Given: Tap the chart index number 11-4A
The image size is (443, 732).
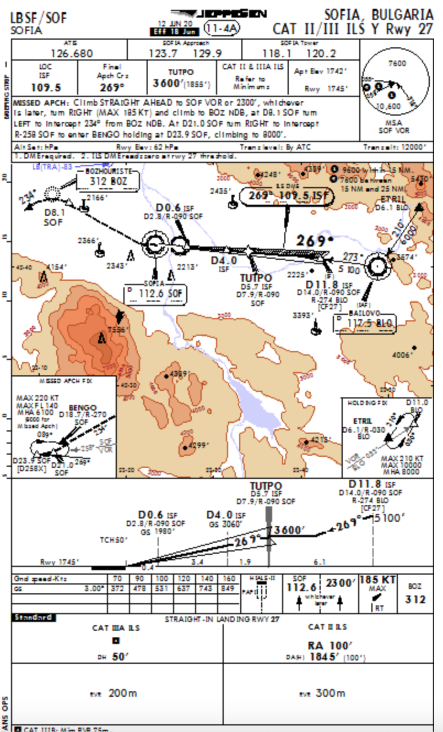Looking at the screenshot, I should [222, 28].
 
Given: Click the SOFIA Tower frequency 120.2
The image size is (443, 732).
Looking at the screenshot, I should [321, 53].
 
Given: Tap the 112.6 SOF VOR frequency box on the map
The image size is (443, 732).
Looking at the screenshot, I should [155, 293].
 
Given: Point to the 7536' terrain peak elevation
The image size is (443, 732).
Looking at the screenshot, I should [117, 330].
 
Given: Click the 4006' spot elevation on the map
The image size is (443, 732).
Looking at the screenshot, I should [402, 355].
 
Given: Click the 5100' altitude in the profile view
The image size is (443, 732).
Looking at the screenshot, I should [390, 518].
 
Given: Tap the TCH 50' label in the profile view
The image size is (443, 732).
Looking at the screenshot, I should [114, 540].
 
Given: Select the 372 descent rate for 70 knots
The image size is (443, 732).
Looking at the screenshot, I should [117, 589].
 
